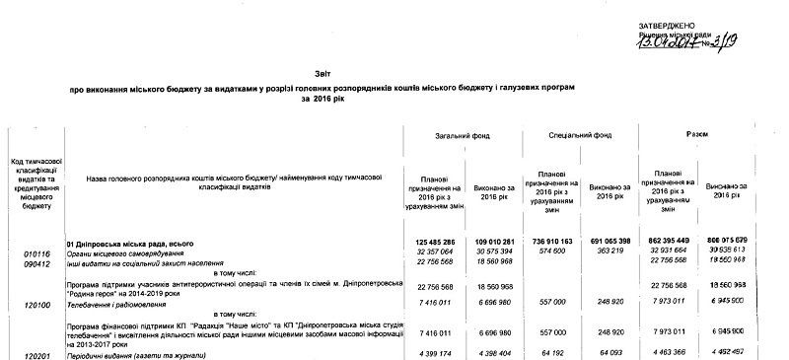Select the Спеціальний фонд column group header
click(x=581, y=134)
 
